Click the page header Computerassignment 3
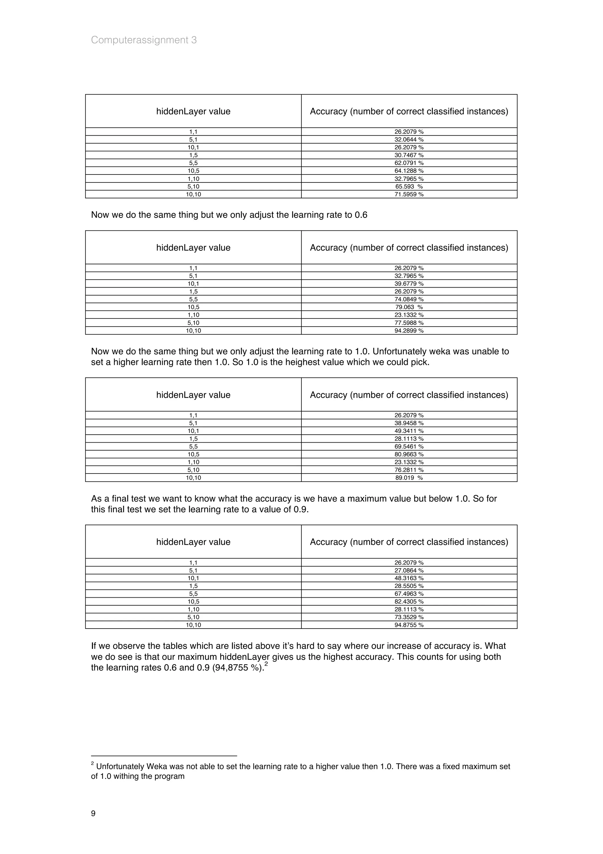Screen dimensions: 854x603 click(144, 40)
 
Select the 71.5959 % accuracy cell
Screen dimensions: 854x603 click(409, 194)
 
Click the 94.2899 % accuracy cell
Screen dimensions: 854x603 click(409, 331)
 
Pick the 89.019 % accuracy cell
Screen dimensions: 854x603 click(409, 478)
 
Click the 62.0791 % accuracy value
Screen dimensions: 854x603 click(409, 163)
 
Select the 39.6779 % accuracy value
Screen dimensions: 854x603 click(409, 283)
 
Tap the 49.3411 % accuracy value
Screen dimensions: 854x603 click(409, 431)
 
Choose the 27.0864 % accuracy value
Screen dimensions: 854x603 click(409, 570)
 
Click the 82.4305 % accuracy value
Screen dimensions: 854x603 click(409, 601)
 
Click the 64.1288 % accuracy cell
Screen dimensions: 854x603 click(409, 171)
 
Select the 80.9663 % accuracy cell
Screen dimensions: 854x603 click(409, 454)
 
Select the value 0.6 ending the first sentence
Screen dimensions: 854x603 click(361, 215)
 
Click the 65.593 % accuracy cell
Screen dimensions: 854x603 click(409, 186)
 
